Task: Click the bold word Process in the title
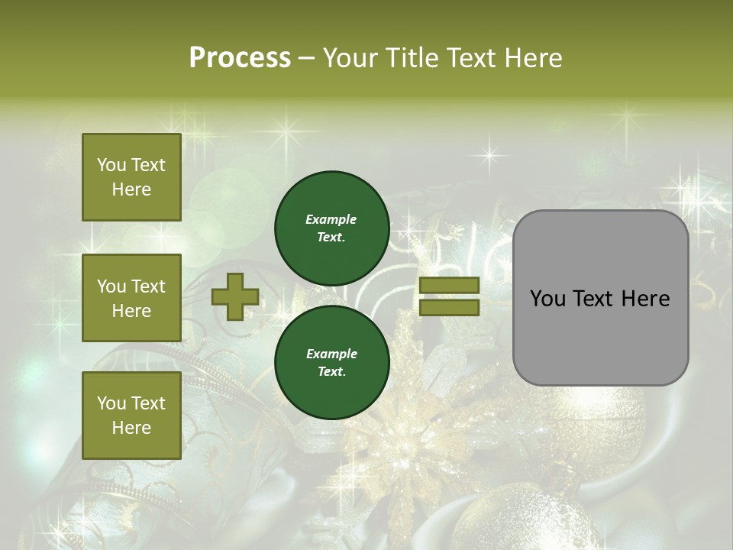tap(240, 58)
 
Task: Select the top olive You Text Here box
tap(131, 177)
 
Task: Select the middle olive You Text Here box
tap(131, 298)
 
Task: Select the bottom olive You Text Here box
tap(131, 415)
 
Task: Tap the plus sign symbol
tap(234, 297)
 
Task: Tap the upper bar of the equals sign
tap(449, 286)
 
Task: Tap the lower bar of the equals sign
tap(449, 308)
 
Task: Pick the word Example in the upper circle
tap(331, 219)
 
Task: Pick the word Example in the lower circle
tap(331, 354)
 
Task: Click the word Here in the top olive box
tap(131, 189)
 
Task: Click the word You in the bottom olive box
tap(111, 403)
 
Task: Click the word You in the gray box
tap(547, 299)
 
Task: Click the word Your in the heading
tap(352, 58)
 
